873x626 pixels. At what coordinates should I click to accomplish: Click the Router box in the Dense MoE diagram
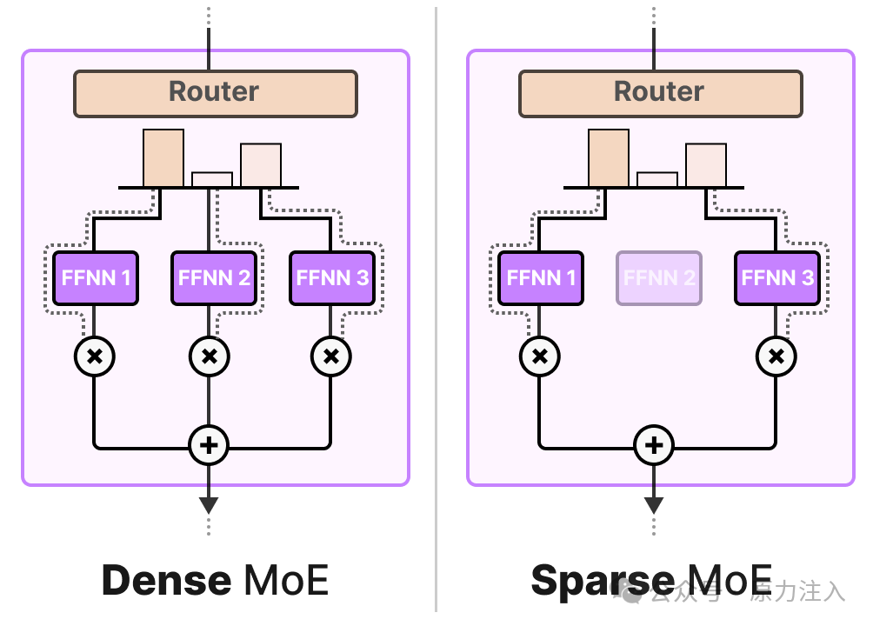[215, 93]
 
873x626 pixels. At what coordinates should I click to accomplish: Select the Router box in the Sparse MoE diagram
[660, 93]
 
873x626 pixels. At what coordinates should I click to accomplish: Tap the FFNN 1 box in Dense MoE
[96, 278]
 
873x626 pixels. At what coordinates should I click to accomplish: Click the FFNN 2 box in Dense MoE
[214, 278]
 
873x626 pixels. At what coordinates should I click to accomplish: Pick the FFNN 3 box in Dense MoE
[332, 278]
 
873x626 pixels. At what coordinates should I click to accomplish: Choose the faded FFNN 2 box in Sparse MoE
[659, 278]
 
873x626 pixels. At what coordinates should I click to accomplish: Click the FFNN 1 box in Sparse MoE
[541, 278]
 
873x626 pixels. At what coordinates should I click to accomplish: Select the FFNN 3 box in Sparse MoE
[777, 278]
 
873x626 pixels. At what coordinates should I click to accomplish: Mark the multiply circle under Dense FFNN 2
[209, 356]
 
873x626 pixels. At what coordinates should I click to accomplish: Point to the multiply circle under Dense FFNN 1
[96, 356]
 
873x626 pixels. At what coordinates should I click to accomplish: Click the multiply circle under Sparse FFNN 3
[776, 356]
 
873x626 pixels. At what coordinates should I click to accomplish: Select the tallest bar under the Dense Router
[163, 158]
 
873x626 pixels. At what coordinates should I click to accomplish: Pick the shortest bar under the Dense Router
[212, 179]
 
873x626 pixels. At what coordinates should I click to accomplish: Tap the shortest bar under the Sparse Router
[657, 179]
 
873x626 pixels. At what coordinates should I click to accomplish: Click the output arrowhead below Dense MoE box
[209, 504]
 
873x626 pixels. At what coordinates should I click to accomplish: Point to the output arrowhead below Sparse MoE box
[654, 504]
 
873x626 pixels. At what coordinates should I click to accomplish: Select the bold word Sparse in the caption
[602, 580]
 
